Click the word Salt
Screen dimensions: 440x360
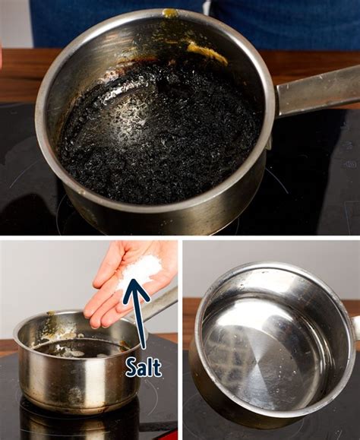point(144,368)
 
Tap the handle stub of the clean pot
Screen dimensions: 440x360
point(355,327)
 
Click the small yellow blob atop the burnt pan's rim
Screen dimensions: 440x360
point(171,13)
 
